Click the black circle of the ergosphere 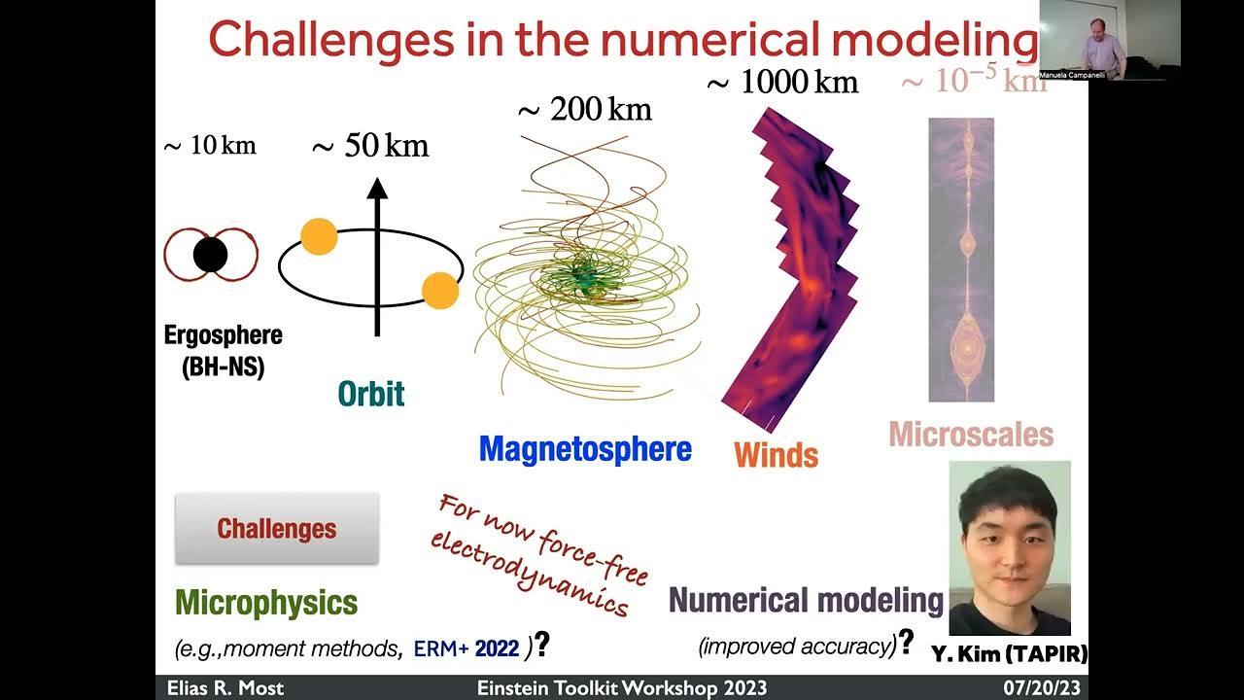[x=210, y=255]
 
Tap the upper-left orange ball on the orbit [x=319, y=236]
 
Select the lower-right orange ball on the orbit [x=440, y=291]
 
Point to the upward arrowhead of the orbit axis [x=377, y=189]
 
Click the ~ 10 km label [x=209, y=146]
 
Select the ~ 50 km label [x=369, y=146]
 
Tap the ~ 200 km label [x=584, y=110]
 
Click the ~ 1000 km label [x=781, y=83]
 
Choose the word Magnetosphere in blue [x=585, y=448]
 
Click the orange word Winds [x=776, y=454]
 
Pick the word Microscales [x=971, y=434]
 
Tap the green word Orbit [x=370, y=394]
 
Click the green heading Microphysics [x=266, y=602]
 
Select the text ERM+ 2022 [x=466, y=647]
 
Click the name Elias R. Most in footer [x=225, y=688]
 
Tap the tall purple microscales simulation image [x=961, y=260]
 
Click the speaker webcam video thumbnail [x=1110, y=40]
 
